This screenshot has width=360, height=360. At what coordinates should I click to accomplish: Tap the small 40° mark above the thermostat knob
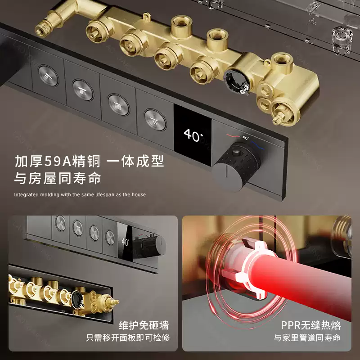[245, 138]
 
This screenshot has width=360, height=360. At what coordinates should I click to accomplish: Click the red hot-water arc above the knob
[233, 135]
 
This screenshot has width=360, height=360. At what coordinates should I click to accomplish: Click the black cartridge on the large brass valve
[236, 82]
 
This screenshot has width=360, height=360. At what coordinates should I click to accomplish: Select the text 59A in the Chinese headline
[58, 161]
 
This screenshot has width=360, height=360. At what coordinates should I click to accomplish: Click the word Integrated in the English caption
[26, 195]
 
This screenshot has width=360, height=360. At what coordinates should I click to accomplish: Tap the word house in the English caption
[139, 195]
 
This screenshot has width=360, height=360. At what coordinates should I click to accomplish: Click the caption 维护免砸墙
[144, 325]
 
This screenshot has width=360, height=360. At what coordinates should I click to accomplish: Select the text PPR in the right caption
[291, 325]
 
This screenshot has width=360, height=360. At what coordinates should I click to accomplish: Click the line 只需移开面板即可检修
[128, 338]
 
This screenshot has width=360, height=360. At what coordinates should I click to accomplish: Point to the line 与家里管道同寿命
[307, 338]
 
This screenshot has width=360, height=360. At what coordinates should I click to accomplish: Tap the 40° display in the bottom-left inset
[126, 242]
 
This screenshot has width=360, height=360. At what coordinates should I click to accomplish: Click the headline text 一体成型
[135, 161]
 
